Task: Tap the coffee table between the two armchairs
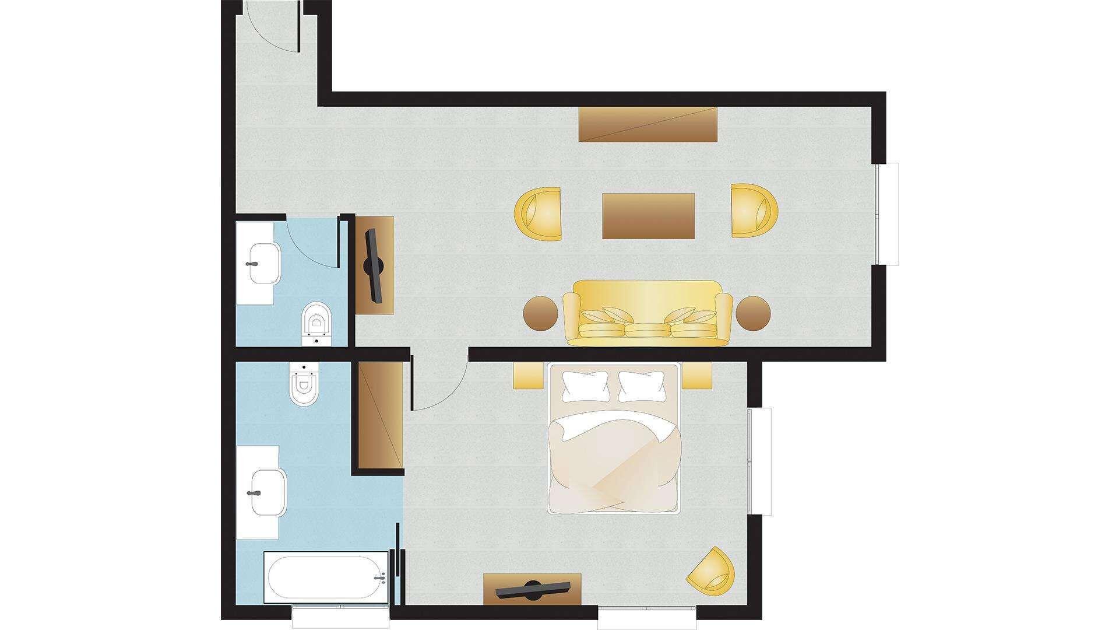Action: coord(648,216)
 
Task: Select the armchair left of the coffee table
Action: coord(539,213)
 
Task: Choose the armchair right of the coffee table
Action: coord(755,210)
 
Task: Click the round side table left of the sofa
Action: coord(541,314)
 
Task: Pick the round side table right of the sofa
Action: coord(754,314)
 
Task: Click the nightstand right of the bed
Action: coord(697,375)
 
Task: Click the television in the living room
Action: coord(373,265)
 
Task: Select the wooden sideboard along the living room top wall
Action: coord(648,124)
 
